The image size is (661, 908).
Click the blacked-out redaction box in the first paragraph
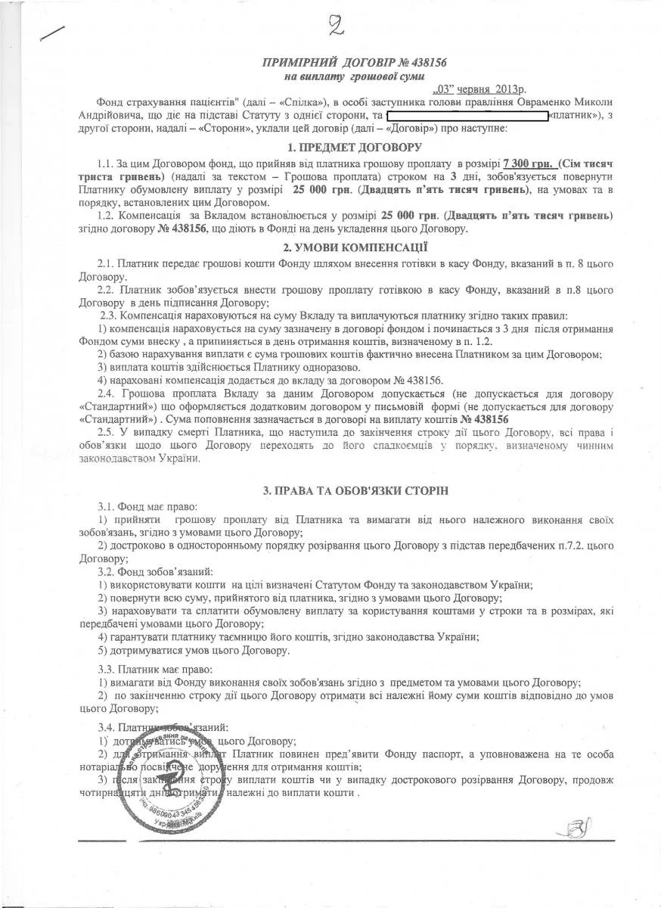(x=467, y=117)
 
